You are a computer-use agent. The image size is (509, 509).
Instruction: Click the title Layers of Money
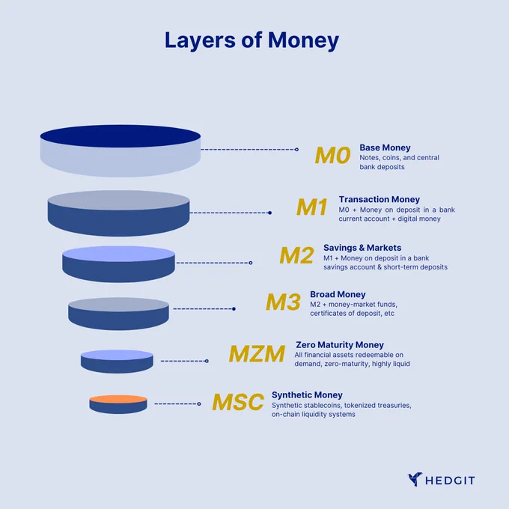point(252,40)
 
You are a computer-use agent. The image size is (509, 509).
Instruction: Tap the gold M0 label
point(333,155)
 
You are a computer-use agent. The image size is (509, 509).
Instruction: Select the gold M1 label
point(312,207)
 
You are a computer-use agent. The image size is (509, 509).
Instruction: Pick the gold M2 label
point(296,255)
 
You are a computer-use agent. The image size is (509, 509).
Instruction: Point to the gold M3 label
point(283,302)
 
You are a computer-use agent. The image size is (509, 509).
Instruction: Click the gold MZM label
point(257,353)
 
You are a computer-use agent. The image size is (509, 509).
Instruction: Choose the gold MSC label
point(238,402)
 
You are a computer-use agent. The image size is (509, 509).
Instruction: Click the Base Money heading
point(385,147)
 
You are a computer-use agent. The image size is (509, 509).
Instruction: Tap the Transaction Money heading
point(380,199)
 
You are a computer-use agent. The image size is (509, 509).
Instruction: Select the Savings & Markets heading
point(362,248)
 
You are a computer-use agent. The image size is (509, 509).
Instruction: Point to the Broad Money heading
point(338,294)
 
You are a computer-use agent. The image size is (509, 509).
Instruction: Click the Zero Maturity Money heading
point(340,345)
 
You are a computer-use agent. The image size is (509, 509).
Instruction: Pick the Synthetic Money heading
point(307,395)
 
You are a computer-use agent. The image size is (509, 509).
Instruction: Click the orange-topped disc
point(118,404)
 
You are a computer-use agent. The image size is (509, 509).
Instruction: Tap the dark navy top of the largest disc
point(120,136)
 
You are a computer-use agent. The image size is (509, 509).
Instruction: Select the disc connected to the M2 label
point(118,264)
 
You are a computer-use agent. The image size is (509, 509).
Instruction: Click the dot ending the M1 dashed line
point(269,213)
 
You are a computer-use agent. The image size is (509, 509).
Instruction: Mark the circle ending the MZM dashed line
point(207,361)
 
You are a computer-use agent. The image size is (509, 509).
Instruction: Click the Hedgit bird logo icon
point(415,480)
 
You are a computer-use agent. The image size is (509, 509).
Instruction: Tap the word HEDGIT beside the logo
point(451,481)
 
